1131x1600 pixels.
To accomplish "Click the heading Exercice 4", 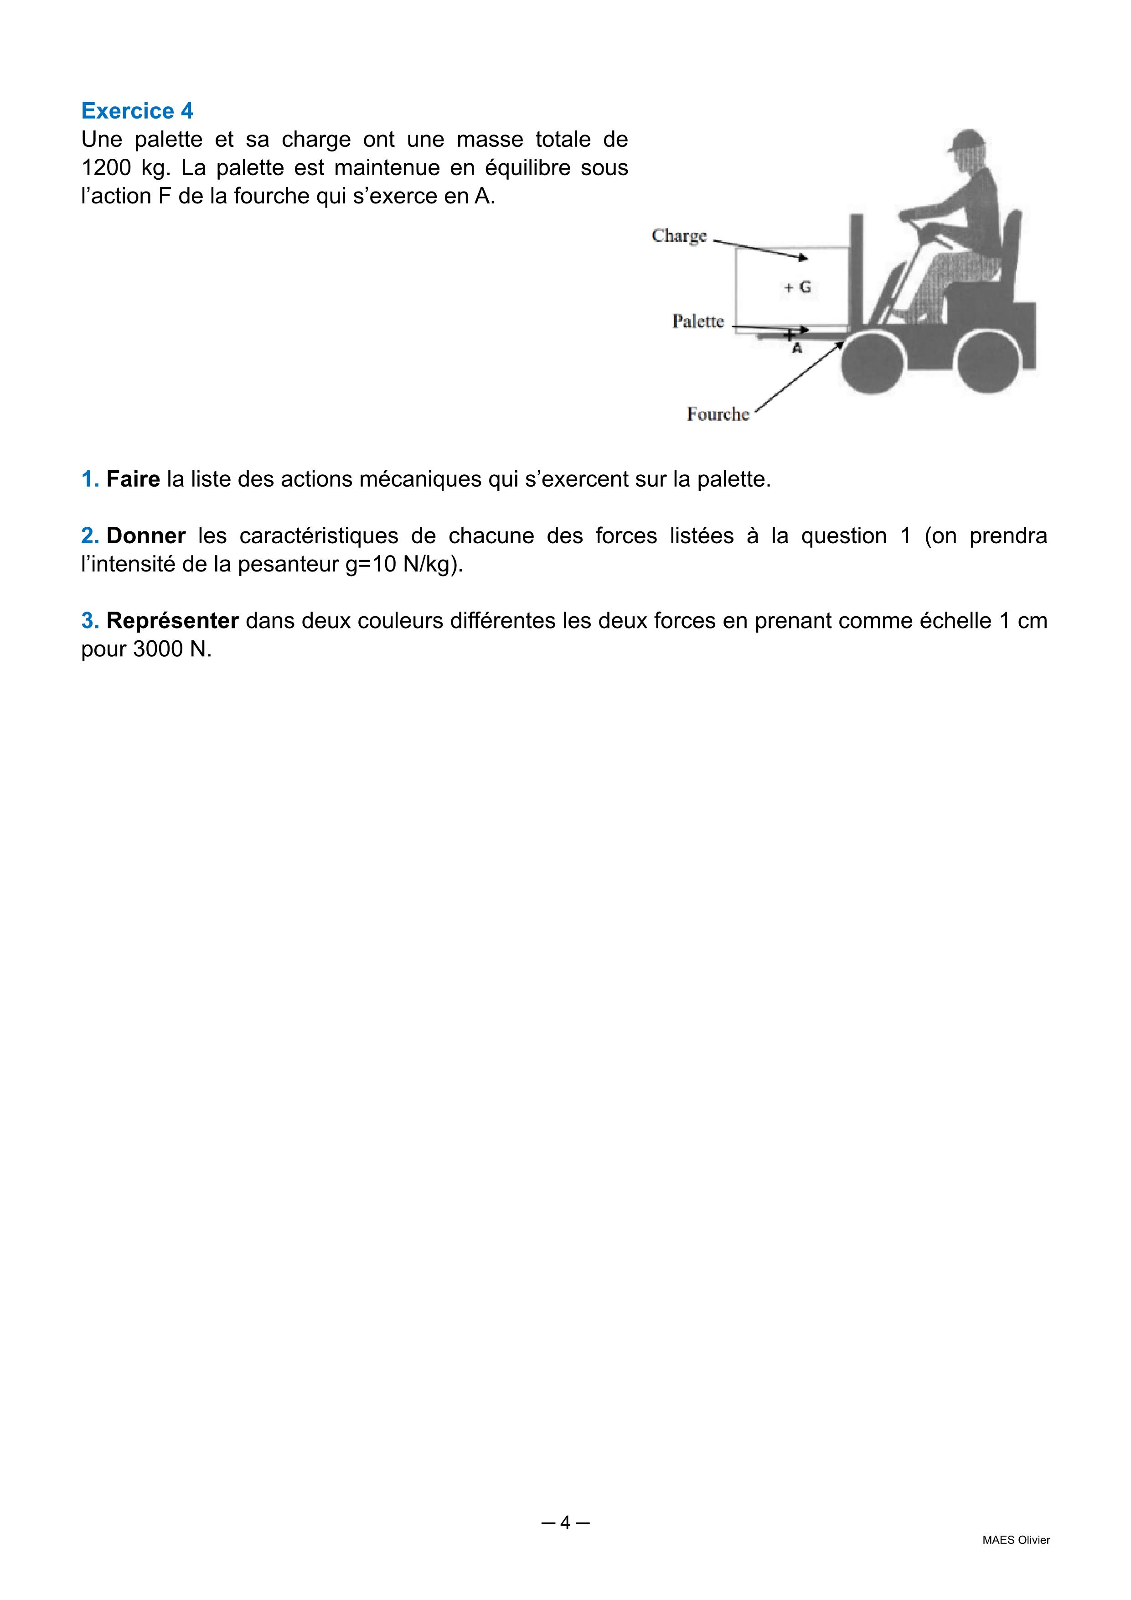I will pos(137,111).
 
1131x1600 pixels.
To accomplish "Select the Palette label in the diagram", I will pos(698,321).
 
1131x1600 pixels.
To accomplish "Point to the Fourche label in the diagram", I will pos(718,414).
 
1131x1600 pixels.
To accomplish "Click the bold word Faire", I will pos(133,479).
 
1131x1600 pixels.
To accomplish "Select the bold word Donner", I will pos(146,536).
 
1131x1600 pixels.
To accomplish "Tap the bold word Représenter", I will pos(173,620).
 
